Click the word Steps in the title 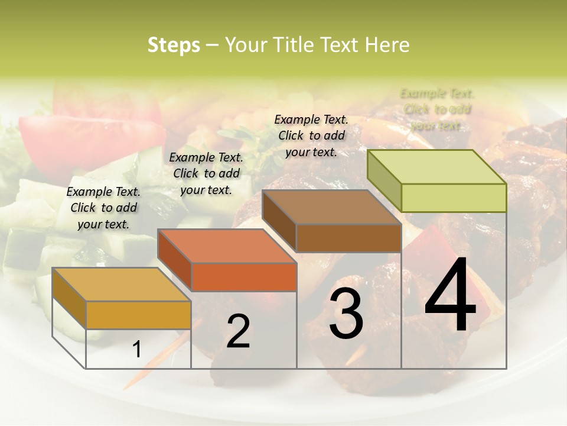[x=174, y=46]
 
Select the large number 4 [x=450, y=296]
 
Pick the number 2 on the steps [x=238, y=331]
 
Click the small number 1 [x=137, y=350]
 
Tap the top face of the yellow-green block [x=437, y=167]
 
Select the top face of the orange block [x=227, y=246]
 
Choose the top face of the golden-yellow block [x=122, y=285]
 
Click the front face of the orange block [x=244, y=277]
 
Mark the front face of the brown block [x=348, y=238]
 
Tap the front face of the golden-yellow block [x=138, y=315]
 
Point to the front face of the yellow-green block [x=454, y=198]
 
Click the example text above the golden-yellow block [x=103, y=208]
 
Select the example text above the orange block [x=206, y=173]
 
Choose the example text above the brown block [x=311, y=135]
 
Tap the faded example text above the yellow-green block [x=437, y=109]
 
